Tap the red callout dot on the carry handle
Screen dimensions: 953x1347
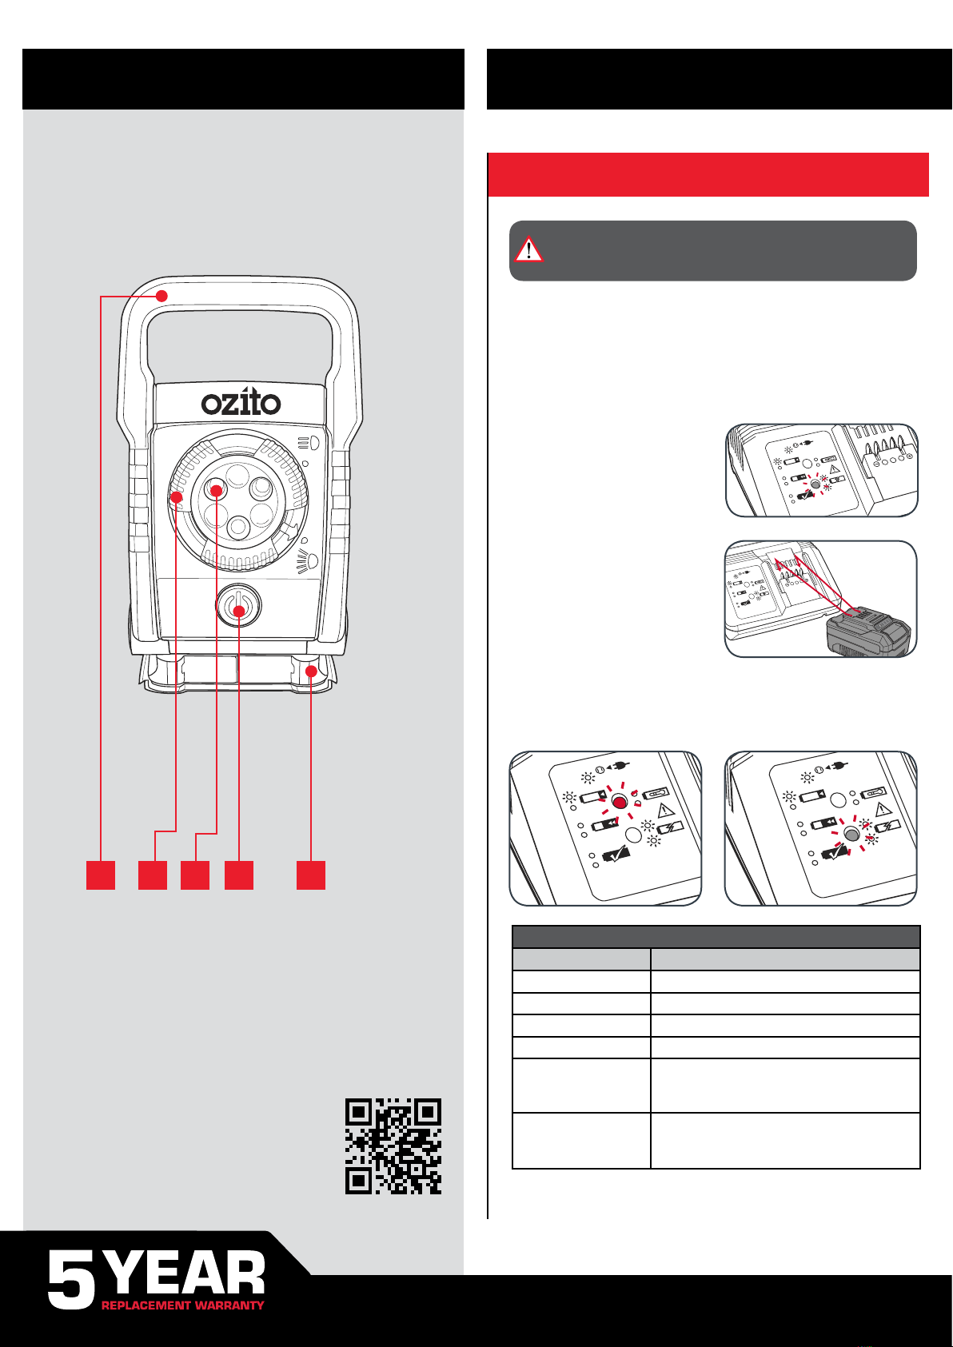[x=161, y=296]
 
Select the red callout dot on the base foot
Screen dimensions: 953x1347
[x=311, y=671]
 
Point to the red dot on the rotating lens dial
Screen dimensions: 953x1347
[x=176, y=497]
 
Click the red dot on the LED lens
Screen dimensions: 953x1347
[x=217, y=491]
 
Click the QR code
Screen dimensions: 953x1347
[x=393, y=1146]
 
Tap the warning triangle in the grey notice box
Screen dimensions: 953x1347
[x=528, y=249]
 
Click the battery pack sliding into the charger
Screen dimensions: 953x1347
[x=868, y=631]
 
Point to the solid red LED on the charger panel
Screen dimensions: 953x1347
[x=620, y=801]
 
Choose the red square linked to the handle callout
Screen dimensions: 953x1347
[x=101, y=875]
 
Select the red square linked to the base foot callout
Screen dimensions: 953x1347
[x=311, y=875]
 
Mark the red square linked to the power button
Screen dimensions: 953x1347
[x=239, y=875]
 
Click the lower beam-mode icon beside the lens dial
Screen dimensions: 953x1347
[x=309, y=562]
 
